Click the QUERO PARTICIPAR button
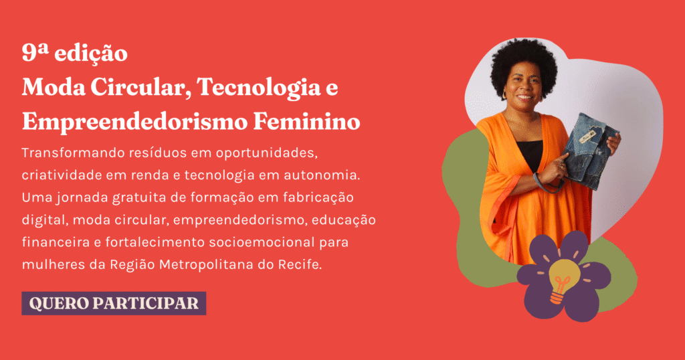point(114,303)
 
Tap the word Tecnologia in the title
point(259,88)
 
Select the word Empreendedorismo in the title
point(134,122)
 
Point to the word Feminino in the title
point(306,122)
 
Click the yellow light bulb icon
point(564,280)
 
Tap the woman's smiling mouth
point(524,96)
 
